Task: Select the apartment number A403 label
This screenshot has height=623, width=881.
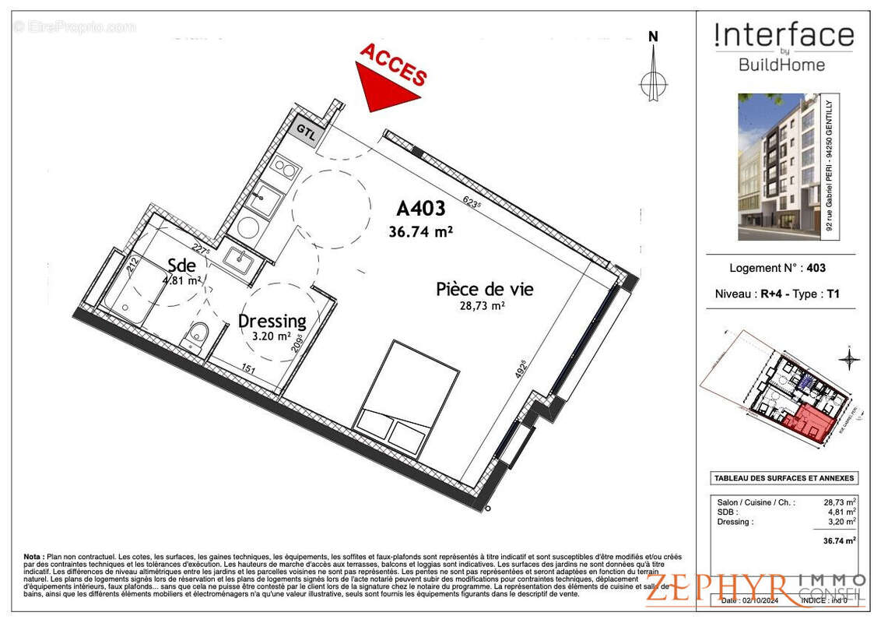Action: click(x=420, y=209)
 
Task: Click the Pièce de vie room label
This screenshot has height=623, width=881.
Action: click(x=484, y=290)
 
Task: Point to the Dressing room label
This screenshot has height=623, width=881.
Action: click(x=272, y=321)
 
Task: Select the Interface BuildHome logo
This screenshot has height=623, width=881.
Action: click(x=783, y=47)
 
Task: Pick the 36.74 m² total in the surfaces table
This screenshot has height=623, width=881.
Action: click(x=841, y=540)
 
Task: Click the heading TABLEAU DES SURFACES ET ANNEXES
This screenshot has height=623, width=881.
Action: click(x=784, y=478)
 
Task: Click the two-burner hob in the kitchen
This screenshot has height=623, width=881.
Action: click(x=284, y=169)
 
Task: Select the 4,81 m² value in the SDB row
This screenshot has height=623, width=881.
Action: click(x=841, y=512)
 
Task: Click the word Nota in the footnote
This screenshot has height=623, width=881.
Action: click(x=33, y=557)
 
